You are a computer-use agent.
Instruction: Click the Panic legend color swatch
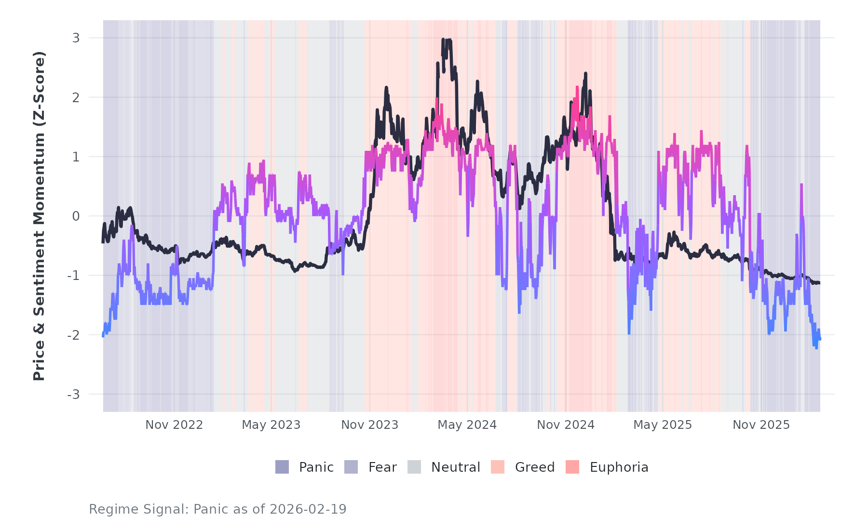(x=282, y=467)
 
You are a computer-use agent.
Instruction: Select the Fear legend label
(x=382, y=467)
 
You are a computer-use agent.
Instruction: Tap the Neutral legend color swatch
(x=414, y=467)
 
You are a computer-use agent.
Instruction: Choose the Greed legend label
(x=535, y=467)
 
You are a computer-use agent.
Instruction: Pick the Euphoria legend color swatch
(x=572, y=467)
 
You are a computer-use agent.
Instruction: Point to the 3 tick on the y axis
(x=76, y=38)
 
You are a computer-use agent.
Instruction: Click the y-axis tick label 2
(x=76, y=97)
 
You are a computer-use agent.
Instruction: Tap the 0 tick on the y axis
(x=76, y=216)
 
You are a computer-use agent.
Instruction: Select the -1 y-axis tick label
(x=73, y=276)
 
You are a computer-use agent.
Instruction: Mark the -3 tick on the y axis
(x=73, y=395)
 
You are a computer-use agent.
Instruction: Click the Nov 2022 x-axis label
(x=174, y=425)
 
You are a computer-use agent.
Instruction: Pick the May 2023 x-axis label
(x=271, y=425)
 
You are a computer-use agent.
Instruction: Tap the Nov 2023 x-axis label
(x=370, y=425)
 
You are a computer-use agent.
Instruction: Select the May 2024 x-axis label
(x=467, y=425)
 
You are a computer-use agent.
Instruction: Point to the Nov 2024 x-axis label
(x=566, y=425)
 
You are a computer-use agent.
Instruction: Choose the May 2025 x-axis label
(x=663, y=425)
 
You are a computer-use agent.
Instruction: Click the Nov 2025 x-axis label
(x=761, y=425)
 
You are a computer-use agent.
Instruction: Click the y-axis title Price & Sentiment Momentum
(x=39, y=216)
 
